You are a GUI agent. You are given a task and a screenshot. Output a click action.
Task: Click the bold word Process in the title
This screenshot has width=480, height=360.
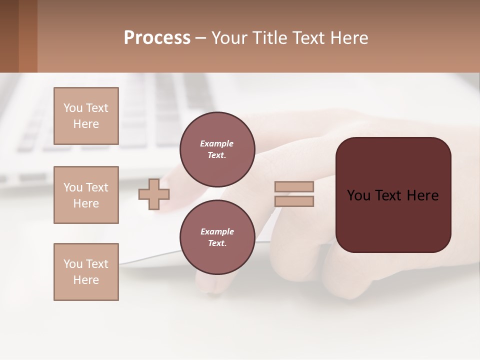point(157,38)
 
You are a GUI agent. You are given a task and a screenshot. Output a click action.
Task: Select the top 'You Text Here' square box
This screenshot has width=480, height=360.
point(86,116)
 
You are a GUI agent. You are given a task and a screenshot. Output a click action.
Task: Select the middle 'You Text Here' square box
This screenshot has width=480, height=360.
point(86,195)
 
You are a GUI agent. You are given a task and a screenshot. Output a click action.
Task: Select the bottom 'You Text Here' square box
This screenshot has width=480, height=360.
point(86,272)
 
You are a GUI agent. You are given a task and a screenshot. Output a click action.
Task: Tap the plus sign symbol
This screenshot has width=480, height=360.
point(154,194)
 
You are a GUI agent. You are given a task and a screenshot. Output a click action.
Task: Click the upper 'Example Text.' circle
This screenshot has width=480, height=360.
point(217,149)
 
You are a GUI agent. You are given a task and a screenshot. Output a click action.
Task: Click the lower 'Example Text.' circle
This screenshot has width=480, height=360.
point(217,237)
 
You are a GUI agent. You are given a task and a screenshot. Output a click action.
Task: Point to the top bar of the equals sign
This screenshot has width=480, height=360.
point(294,186)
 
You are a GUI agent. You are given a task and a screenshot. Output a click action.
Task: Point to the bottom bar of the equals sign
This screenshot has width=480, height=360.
point(294,201)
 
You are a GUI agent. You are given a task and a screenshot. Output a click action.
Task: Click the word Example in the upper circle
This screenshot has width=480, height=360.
point(217,143)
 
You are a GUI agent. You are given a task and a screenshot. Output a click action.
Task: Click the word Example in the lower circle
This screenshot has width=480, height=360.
point(217,231)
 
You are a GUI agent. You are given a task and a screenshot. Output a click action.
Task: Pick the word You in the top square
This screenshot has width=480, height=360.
point(73,108)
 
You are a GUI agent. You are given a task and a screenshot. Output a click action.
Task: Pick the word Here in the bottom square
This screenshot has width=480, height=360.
point(86,280)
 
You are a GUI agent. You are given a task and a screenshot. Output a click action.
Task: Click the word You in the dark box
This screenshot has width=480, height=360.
point(358,195)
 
